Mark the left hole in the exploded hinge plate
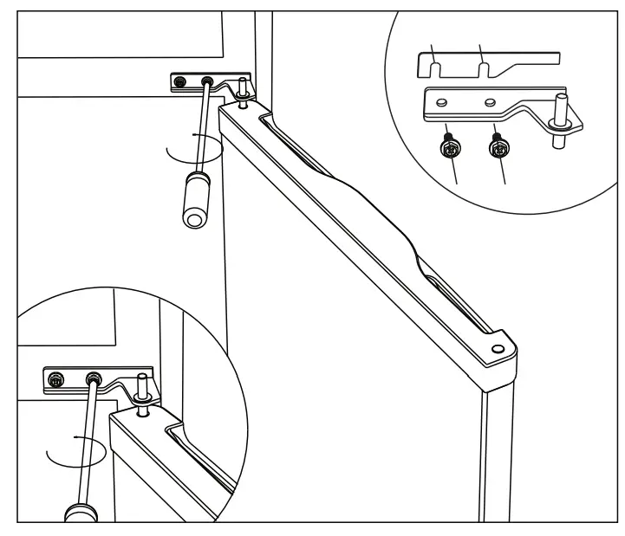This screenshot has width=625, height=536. pyautogui.click(x=443, y=102)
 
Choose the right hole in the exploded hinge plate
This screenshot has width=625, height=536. pyautogui.click(x=492, y=102)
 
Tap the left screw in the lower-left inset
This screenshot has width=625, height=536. pyautogui.click(x=55, y=378)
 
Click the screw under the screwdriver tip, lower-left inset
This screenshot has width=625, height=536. pyautogui.click(x=93, y=378)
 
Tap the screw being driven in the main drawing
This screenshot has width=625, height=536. pyautogui.click(x=208, y=82)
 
